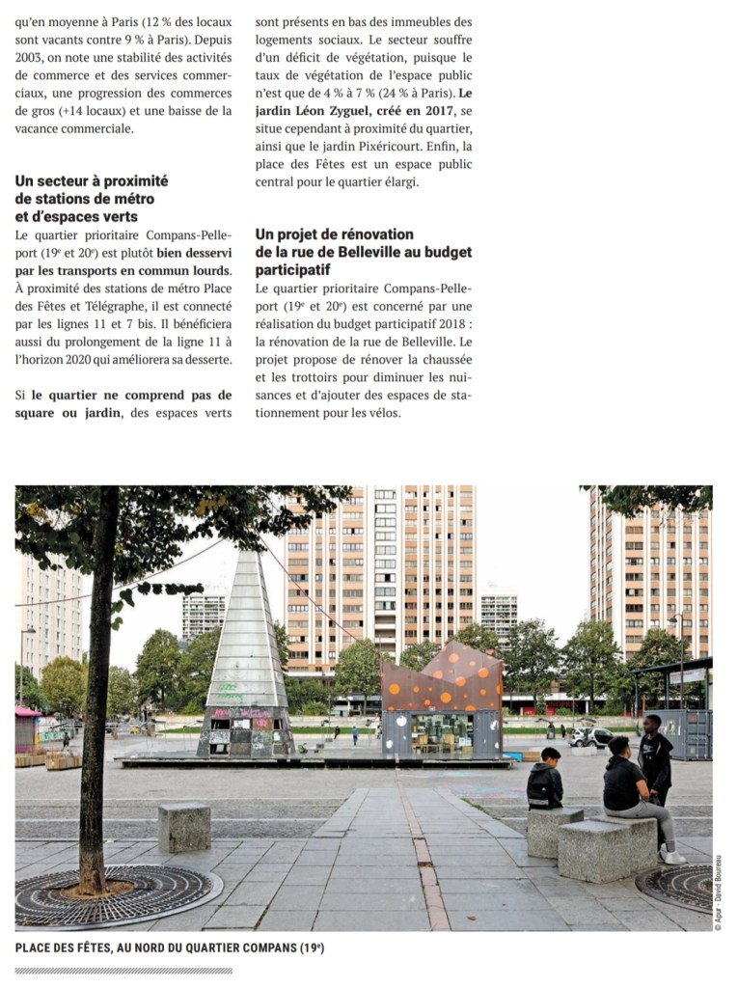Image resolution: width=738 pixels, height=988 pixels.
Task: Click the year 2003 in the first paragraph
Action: [x=31, y=57]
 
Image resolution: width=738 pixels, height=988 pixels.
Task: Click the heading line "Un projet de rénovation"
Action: [x=334, y=234]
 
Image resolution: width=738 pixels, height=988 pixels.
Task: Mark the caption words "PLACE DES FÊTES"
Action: [x=63, y=948]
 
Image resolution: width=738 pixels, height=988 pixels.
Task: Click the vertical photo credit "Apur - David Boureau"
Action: [x=718, y=892]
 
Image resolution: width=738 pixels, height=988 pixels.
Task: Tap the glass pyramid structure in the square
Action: [x=244, y=656]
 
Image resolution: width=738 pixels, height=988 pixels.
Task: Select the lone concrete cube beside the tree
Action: [x=184, y=826]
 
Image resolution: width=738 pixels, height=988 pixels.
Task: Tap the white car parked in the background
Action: [x=589, y=737]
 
